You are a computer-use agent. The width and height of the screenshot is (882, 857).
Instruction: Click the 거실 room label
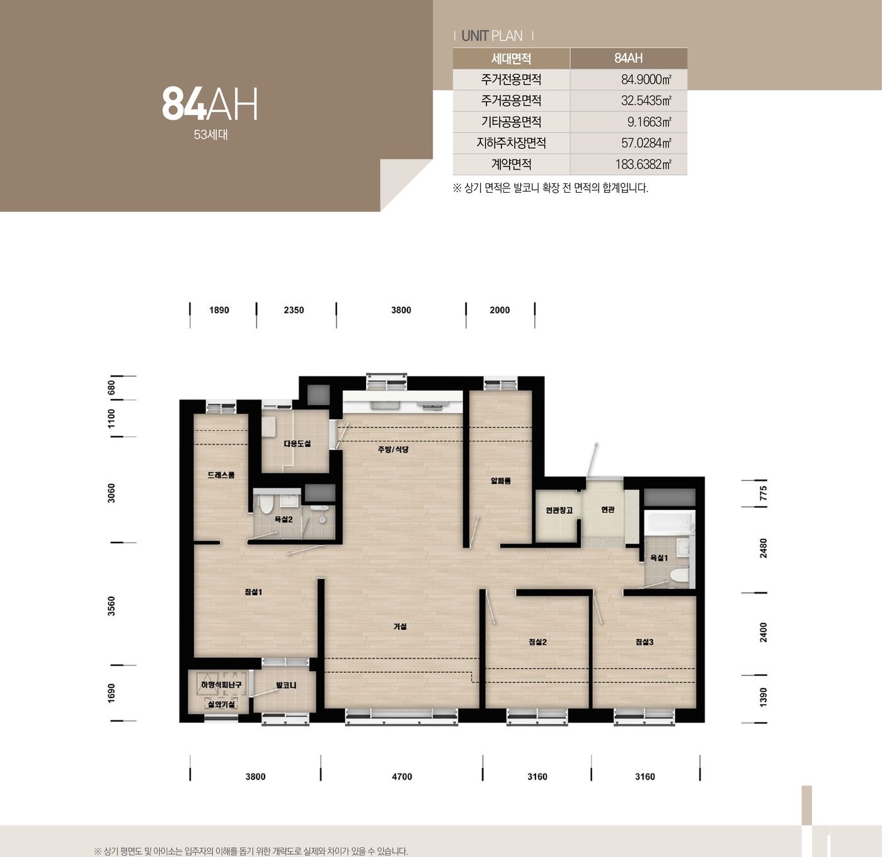[400, 626]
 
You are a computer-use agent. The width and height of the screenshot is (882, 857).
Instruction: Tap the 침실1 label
[253, 592]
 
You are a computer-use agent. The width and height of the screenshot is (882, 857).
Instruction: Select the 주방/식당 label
[393, 449]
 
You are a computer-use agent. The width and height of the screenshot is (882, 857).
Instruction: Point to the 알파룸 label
[501, 481]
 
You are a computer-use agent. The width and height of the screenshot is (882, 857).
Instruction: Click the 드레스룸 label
[221, 475]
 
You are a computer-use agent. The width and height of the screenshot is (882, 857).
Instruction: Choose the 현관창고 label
[559, 510]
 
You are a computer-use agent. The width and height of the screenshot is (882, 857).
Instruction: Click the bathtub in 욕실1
[670, 523]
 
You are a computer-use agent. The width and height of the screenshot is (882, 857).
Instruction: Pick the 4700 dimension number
[402, 777]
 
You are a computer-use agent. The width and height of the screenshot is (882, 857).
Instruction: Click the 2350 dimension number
[294, 310]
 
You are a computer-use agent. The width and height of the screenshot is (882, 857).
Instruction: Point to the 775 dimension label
[764, 493]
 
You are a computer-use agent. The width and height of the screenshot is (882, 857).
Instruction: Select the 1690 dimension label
[112, 693]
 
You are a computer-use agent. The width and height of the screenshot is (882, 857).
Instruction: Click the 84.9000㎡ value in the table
[646, 80]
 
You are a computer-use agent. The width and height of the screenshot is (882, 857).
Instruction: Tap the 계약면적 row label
[512, 164]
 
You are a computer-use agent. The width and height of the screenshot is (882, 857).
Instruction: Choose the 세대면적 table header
[512, 59]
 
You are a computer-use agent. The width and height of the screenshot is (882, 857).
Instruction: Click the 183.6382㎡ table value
[643, 164]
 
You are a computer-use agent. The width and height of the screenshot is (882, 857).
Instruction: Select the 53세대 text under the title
[211, 135]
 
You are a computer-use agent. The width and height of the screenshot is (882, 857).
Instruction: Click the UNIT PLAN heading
[492, 36]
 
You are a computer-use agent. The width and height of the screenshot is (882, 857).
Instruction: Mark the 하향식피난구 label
[221, 685]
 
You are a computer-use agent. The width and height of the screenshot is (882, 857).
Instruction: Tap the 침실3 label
[644, 641]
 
